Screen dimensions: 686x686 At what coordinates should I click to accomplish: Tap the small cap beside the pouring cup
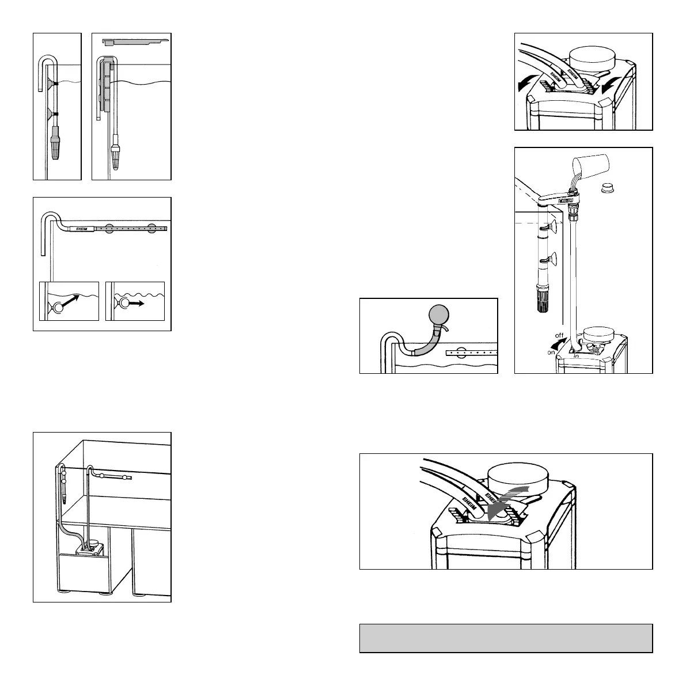[x=606, y=187]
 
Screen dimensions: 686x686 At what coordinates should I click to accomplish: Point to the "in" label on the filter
[x=576, y=356]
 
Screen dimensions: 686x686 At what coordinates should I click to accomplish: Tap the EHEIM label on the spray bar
[x=77, y=229]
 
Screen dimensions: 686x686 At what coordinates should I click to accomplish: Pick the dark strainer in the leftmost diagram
[x=56, y=145]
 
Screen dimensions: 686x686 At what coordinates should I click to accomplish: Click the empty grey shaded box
[x=506, y=638]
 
